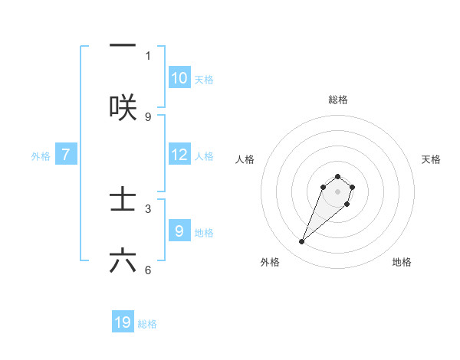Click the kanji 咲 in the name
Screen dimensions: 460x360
123,107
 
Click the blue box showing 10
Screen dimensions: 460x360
179,78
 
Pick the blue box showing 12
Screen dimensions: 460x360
179,155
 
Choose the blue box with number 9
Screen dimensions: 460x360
179,231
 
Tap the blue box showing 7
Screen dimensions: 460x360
66,155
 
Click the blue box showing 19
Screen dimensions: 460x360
123,322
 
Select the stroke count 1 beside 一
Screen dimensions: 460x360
148,56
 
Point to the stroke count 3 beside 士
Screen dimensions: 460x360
148,208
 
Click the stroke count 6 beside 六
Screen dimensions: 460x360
148,270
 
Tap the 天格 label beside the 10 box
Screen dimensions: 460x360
203,79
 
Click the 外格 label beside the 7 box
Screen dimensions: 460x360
41,155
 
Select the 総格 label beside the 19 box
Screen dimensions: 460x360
147,324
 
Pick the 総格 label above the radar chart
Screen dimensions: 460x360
337,100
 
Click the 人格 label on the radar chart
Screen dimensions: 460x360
245,159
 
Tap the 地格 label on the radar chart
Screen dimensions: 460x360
402,262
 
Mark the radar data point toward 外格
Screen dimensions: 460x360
302,242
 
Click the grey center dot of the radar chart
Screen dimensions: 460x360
337,191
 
